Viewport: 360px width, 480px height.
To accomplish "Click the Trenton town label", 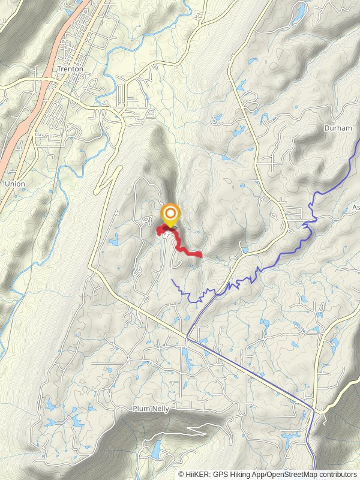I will (x=70, y=69).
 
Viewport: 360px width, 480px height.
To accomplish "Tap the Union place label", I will (x=14, y=183).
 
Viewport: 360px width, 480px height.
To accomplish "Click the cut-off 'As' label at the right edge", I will (x=355, y=208).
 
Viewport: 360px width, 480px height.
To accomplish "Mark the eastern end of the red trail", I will (x=200, y=256).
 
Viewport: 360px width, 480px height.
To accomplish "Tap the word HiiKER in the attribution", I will (x=196, y=474).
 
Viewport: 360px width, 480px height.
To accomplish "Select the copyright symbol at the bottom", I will (x=181, y=474).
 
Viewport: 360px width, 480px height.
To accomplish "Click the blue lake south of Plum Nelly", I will (x=155, y=449).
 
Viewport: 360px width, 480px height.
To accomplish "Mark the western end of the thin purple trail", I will (x=172, y=279).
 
